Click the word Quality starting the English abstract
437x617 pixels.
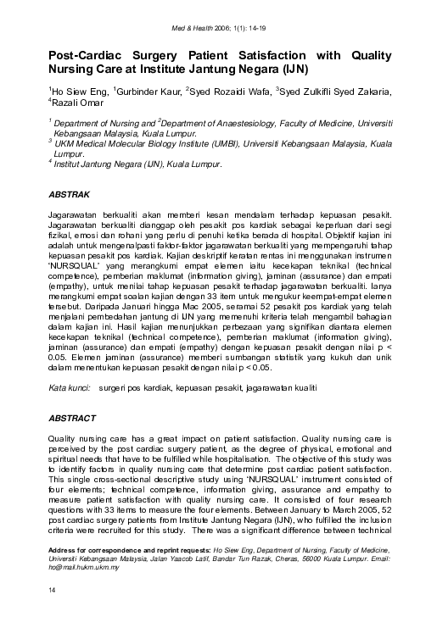[66, 438]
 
